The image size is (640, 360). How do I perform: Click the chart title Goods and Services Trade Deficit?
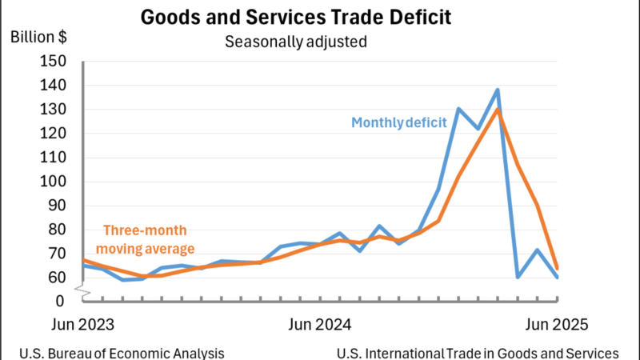(296, 18)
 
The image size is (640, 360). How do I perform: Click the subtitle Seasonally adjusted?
(296, 42)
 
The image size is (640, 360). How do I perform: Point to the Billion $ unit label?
(38, 37)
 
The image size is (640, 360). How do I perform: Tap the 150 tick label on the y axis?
(53, 62)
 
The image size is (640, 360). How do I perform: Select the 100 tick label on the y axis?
(53, 182)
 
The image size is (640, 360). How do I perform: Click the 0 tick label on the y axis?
(60, 302)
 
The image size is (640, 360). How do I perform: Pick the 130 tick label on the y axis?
(53, 110)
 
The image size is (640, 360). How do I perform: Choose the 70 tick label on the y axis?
(56, 254)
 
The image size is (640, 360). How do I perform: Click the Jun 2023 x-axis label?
(82, 325)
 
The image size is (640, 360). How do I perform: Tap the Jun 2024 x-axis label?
(319, 325)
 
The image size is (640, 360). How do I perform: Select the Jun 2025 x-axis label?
(557, 325)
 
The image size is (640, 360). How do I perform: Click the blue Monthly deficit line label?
(398, 122)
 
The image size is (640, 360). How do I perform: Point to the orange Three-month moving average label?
(146, 239)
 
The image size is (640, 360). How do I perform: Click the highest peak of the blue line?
(498, 90)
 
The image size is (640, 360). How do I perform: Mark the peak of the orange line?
(498, 109)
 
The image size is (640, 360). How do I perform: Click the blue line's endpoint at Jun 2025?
(557, 277)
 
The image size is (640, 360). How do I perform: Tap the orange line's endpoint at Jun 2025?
(557, 268)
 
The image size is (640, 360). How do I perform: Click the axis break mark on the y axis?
(83, 290)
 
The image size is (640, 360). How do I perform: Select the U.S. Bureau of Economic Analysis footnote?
(122, 353)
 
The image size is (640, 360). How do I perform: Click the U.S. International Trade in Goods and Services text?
(478, 353)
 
